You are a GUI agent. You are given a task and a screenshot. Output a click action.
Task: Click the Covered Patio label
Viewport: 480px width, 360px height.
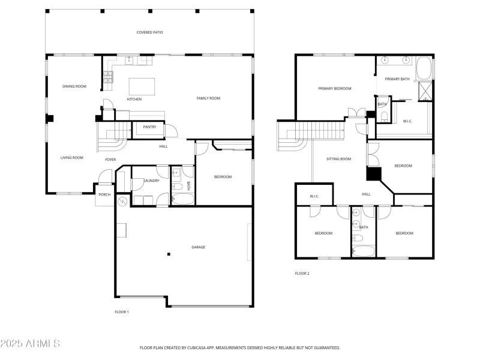tap(149, 32)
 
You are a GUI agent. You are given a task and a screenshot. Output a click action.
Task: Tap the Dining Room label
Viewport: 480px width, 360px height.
tap(74, 86)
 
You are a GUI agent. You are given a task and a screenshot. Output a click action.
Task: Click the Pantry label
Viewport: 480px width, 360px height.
tap(149, 127)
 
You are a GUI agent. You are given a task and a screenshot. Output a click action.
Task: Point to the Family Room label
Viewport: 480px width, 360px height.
tap(209, 98)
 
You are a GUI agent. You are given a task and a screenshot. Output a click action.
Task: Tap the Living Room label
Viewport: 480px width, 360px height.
tap(71, 158)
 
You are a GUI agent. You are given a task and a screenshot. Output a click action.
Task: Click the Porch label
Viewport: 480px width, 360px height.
tap(104, 194)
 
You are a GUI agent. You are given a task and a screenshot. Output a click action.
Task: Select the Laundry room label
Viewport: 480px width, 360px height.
tap(151, 181)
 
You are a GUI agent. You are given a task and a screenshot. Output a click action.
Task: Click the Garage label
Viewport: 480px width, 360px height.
tap(198, 247)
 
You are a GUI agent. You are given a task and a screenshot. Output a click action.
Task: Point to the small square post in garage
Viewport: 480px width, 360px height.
tap(169, 254)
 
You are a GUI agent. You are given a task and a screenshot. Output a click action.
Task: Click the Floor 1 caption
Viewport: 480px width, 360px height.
tap(122, 312)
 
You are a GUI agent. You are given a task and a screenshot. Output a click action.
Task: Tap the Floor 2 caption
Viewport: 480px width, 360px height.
tap(302, 273)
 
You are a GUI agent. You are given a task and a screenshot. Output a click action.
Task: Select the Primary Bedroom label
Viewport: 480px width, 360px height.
tap(334, 88)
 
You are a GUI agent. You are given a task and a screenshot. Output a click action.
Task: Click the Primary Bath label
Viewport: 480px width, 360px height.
tap(397, 79)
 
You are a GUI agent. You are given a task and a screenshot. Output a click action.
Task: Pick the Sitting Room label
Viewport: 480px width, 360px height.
tap(338, 159)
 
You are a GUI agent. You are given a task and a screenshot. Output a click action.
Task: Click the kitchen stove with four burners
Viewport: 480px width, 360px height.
tap(108, 76)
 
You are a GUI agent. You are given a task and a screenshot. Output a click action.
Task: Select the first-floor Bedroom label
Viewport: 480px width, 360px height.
tap(223, 176)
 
